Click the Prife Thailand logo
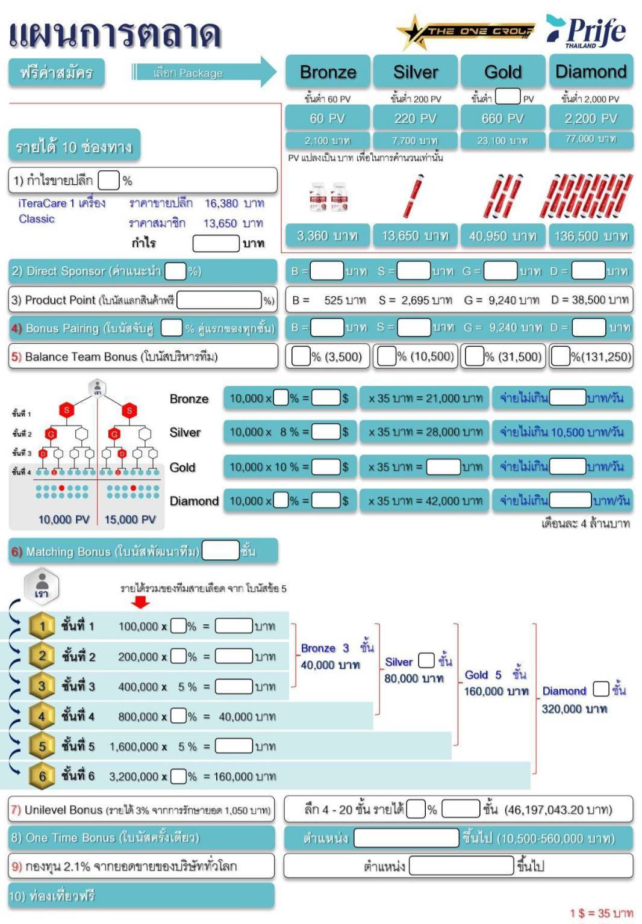tap(586, 31)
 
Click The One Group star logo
tap(465, 31)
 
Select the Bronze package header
tap(328, 72)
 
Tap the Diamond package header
tap(590, 72)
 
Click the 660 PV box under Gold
tap(502, 118)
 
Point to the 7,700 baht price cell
tap(415, 140)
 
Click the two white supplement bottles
tap(328, 197)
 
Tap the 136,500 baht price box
tap(590, 236)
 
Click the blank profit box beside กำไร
tap(216, 243)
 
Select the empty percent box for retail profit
tap(108, 180)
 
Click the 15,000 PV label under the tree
tap(130, 519)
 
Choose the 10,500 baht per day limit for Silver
tap(562, 432)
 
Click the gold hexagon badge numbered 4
tap(42, 716)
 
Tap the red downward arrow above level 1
tap(140, 601)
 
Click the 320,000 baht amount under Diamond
tap(574, 709)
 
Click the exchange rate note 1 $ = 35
tap(600, 913)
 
